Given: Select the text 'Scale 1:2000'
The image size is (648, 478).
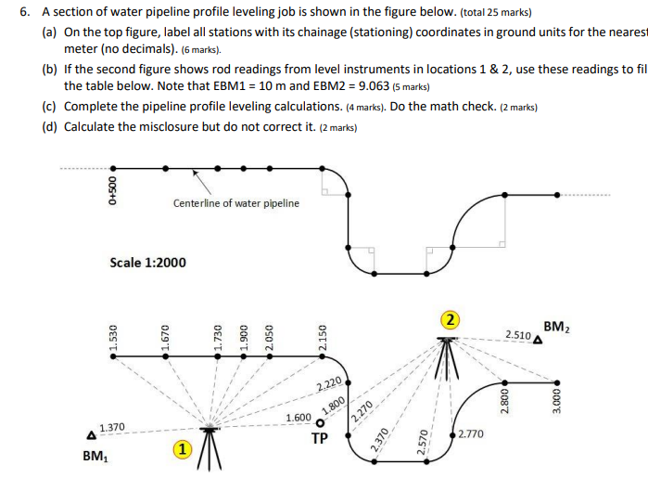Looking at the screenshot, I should click(x=147, y=263).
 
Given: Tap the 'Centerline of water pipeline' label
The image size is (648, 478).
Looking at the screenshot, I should click(x=235, y=203).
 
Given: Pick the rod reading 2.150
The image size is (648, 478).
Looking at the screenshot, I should click(x=322, y=336).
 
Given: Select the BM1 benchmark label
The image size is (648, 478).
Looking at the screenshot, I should click(x=94, y=456).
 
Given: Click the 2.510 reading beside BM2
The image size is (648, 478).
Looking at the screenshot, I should click(x=518, y=334).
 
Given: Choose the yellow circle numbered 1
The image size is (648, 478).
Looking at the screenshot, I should click(x=183, y=450).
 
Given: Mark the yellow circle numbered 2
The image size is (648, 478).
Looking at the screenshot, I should click(x=450, y=320).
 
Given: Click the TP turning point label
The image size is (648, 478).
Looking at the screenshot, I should click(x=320, y=438).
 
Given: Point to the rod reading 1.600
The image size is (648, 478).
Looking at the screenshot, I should click(x=299, y=418).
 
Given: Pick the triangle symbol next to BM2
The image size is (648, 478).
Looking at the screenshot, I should click(x=539, y=340).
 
